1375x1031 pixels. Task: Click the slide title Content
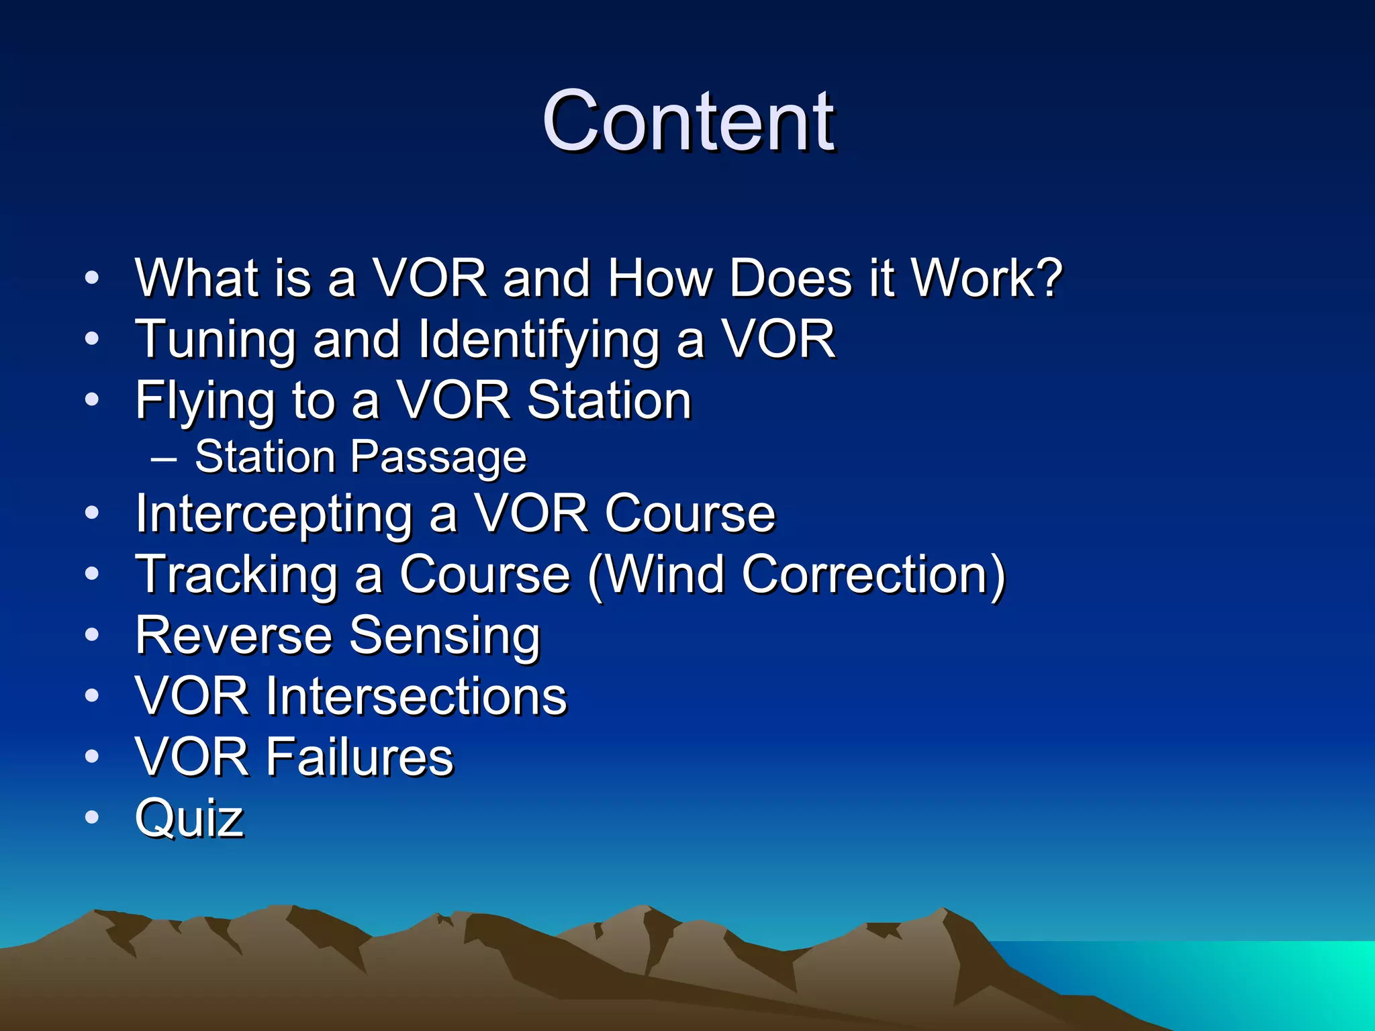tap(687, 122)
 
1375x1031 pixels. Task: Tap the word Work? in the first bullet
tap(986, 278)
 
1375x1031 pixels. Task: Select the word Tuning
tap(215, 340)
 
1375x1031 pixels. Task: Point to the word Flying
tap(205, 401)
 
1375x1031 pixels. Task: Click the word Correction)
tap(873, 575)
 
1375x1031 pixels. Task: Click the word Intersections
tap(416, 696)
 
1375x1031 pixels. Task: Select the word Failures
tap(360, 757)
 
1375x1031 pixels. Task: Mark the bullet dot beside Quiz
tap(92, 818)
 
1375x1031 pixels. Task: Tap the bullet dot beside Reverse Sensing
tap(92, 635)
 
